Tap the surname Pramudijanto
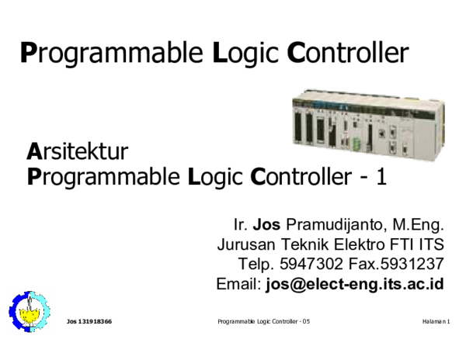(x=336, y=225)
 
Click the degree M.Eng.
(x=417, y=225)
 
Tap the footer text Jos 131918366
(x=89, y=321)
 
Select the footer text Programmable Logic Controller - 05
(x=264, y=321)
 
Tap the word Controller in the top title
(x=347, y=52)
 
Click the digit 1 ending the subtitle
(x=381, y=177)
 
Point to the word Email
(x=238, y=284)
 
